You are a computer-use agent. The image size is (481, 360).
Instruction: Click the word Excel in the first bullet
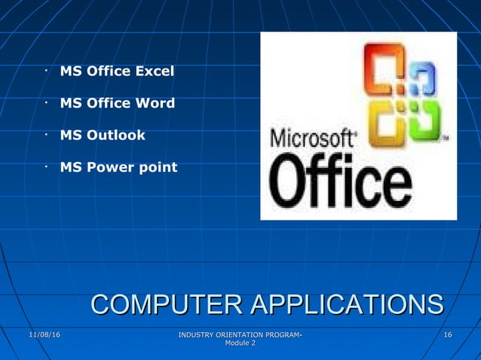tap(154, 72)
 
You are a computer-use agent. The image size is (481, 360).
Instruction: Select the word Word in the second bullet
tap(155, 103)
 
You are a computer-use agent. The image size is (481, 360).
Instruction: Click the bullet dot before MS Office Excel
tap(46, 72)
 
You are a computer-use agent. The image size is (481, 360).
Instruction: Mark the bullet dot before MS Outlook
tap(46, 136)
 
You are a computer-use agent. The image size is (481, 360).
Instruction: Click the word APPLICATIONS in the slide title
tap(346, 305)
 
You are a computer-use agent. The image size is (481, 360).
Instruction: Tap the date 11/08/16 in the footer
tap(44, 334)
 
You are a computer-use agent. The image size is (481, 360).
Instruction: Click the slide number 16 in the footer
tap(448, 334)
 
